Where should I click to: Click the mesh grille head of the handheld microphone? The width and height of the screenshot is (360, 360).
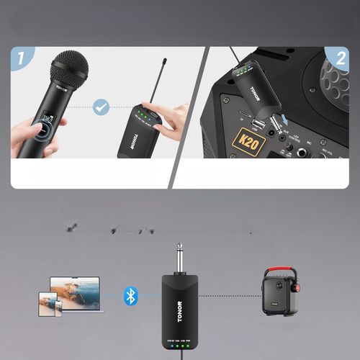(68, 68)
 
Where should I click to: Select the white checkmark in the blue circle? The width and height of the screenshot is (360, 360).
(102, 108)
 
